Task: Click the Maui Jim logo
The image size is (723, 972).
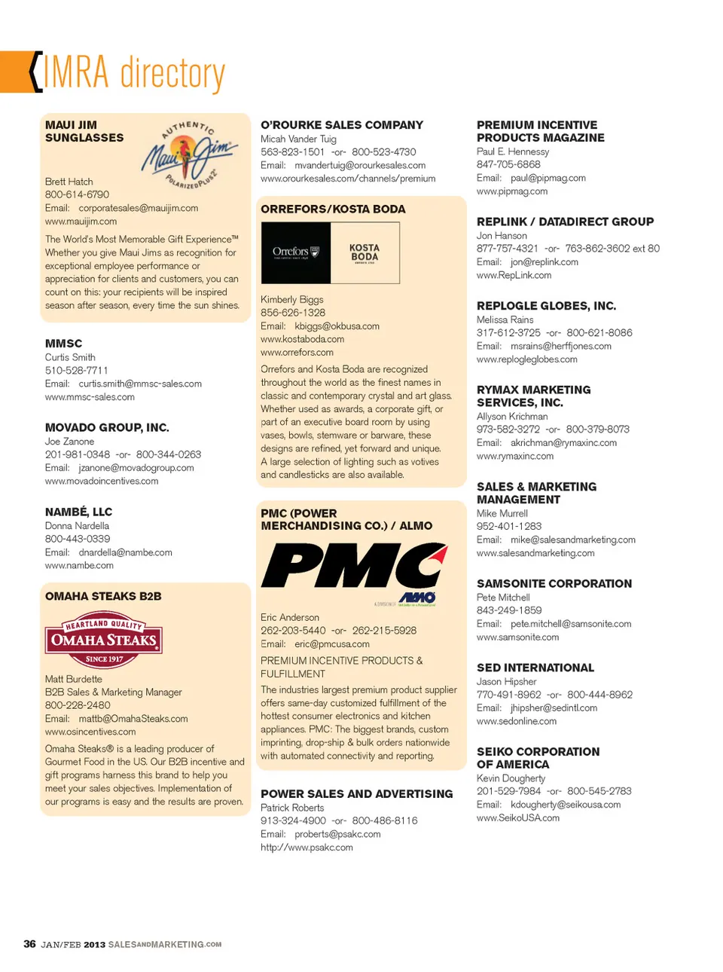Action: [x=190, y=154]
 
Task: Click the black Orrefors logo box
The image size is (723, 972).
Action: [x=296, y=252]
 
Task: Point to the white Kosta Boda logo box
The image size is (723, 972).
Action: [x=365, y=252]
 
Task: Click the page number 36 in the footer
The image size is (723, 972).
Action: [x=30, y=944]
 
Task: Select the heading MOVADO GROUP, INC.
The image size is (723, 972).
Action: [x=107, y=427]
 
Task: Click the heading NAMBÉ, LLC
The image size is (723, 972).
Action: [x=78, y=512]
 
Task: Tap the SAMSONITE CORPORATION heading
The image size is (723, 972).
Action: [x=554, y=583]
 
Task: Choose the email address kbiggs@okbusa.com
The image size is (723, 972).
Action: [x=337, y=326]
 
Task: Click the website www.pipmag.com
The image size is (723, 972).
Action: [x=512, y=191]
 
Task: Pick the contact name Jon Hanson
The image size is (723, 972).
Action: [x=502, y=236]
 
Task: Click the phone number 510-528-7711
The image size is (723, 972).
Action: [x=77, y=371]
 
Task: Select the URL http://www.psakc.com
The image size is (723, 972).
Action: [x=307, y=848]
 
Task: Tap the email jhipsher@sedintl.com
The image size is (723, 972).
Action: [x=554, y=708]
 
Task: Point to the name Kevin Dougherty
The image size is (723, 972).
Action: [x=511, y=778]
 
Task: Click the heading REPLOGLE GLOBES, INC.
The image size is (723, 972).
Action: [x=546, y=306]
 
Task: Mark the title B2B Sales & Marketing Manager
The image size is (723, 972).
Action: [x=113, y=692]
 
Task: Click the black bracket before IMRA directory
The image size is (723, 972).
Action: [x=35, y=72]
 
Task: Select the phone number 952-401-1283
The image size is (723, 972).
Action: [x=509, y=527]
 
